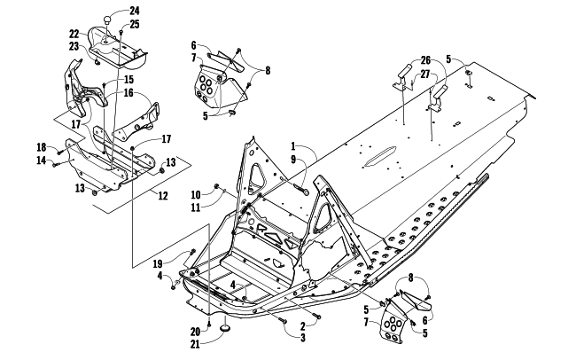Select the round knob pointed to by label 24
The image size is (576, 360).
coord(107,20)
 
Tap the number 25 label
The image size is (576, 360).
coord(135,25)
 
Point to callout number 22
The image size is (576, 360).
coord(74,35)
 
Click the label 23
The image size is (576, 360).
coord(74,46)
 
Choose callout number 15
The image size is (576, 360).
coord(128,80)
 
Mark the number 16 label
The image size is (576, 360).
coord(128,93)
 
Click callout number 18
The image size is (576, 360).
coord(42,147)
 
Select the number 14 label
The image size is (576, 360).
coord(42,160)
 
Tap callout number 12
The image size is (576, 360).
coord(163,196)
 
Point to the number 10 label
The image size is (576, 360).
coord(196,195)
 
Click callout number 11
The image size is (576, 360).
coord(196,208)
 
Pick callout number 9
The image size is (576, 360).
coord(293,160)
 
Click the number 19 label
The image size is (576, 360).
coord(158,264)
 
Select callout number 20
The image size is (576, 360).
coord(196,332)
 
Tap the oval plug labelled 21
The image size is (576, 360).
coord(225,328)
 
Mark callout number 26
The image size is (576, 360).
coord(425,61)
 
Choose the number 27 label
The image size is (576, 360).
coord(425,74)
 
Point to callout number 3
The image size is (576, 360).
coord(303,338)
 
